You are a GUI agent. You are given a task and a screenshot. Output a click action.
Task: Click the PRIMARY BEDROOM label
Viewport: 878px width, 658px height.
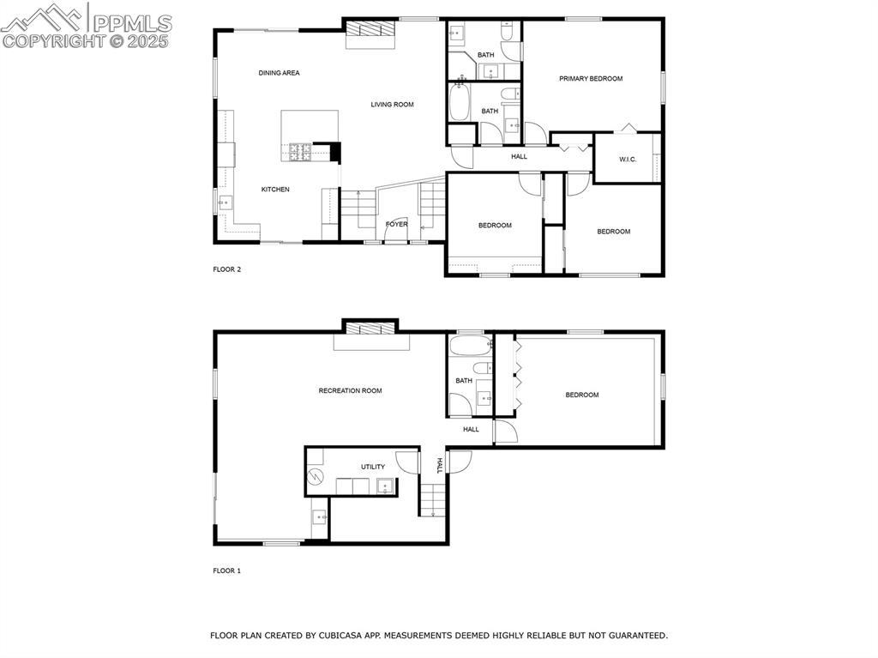(x=591, y=78)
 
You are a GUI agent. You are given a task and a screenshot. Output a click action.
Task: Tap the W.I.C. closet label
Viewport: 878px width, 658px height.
(x=628, y=160)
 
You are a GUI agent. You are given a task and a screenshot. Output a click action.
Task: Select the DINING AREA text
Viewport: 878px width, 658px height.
(x=279, y=73)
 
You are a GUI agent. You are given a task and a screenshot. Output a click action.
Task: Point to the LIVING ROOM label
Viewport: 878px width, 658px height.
(x=392, y=105)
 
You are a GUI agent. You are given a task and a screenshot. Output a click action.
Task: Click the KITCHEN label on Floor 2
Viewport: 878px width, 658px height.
(x=275, y=190)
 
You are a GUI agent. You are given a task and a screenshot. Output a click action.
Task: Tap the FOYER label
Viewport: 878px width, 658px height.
(x=396, y=225)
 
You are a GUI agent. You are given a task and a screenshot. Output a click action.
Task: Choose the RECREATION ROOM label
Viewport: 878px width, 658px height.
(x=350, y=391)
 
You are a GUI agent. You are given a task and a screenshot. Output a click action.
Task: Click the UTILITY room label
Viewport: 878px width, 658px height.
(x=372, y=467)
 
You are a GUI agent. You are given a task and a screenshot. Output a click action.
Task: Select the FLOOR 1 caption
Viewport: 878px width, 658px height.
(x=227, y=570)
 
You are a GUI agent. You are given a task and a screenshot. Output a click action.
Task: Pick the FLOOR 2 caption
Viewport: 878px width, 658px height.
(x=227, y=269)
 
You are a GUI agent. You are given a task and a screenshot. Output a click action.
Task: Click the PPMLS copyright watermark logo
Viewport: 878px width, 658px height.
(x=86, y=26)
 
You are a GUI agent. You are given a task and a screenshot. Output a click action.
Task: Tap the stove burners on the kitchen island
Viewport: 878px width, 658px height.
(x=301, y=152)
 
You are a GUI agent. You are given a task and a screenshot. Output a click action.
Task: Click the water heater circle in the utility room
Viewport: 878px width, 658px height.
(x=316, y=477)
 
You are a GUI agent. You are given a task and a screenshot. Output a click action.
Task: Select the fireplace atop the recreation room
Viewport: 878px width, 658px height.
(x=370, y=328)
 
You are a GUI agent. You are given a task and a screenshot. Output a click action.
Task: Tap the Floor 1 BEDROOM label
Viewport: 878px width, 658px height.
(x=581, y=395)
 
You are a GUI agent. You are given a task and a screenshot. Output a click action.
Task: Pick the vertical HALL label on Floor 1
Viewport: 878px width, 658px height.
(x=438, y=465)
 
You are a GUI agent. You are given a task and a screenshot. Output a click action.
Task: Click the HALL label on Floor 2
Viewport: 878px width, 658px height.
(x=519, y=156)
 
